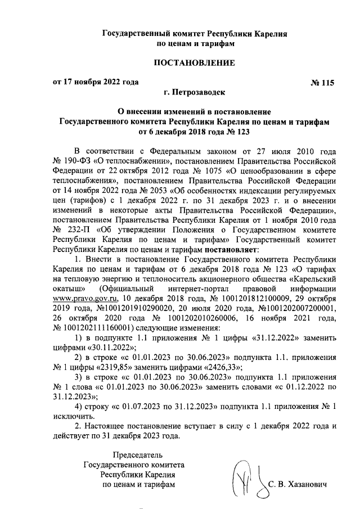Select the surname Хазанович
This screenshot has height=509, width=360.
click(x=306, y=484)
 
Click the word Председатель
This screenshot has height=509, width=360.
click(x=138, y=455)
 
